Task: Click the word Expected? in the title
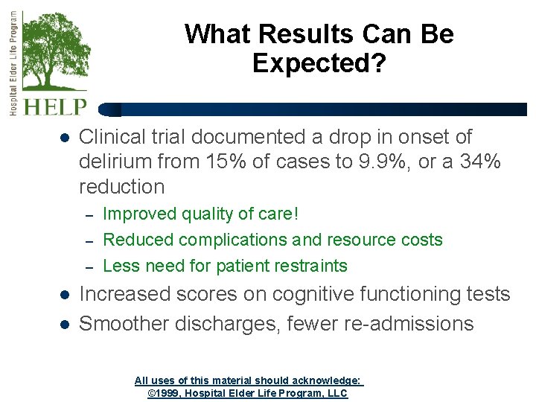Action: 319,64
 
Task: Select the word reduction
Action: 122,186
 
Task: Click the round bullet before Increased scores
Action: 64,295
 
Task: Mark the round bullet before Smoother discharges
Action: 64,325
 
